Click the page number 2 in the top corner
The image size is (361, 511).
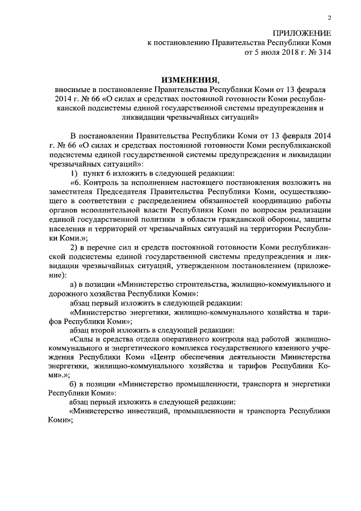(329, 18)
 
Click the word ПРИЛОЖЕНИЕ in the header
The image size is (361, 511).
(302, 32)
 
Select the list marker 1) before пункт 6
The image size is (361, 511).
(74, 173)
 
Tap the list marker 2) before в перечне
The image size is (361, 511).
(74, 249)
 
